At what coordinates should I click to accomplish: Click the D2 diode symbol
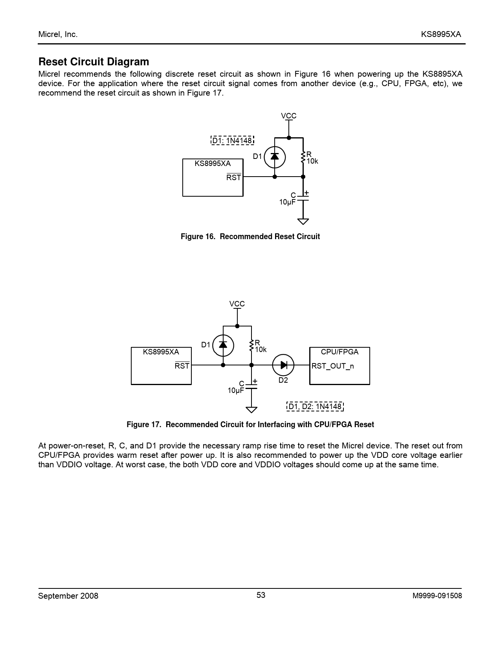coord(283,365)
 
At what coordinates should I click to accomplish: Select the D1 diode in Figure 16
coord(275,157)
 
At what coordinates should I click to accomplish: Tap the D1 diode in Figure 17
coord(223,346)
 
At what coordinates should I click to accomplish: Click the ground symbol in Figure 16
coord(303,221)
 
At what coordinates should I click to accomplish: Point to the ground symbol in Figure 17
coord(251,410)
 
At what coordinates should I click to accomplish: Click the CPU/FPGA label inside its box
coord(340,352)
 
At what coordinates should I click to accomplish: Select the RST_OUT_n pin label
coord(332,366)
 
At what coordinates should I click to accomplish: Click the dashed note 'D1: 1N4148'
coord(233,140)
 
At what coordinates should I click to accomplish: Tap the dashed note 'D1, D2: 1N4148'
coord(315,406)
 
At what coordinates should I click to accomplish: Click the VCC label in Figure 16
coord(288,116)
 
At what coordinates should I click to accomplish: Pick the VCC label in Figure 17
coord(237,304)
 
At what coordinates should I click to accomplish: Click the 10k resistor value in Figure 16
coord(312,161)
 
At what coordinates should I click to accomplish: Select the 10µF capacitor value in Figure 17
coord(236,391)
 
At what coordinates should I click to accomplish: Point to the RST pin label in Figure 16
coord(234,177)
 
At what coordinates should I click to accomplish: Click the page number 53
coord(261,595)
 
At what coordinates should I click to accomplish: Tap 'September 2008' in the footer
coord(68,596)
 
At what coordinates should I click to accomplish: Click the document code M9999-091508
coord(437,596)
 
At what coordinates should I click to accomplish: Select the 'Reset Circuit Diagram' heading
coord(94,62)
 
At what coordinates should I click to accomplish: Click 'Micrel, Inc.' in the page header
coord(58,34)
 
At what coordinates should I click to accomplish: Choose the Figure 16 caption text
coord(250,236)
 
